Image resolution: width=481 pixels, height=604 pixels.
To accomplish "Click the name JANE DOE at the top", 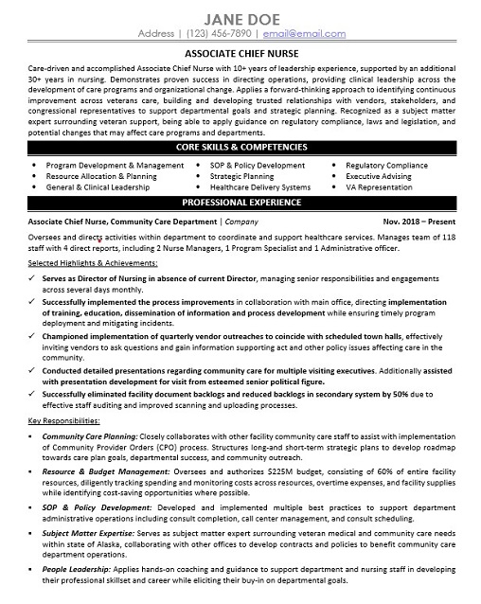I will pos(240,16).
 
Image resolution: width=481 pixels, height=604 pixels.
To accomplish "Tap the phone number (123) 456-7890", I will pos(215,34).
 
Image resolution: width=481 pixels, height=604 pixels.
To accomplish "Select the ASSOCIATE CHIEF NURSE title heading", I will pos(240,56).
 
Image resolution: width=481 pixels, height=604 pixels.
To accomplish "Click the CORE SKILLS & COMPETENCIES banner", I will pos(240,149).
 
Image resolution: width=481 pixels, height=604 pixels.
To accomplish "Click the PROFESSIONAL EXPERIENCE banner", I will pos(240,203).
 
